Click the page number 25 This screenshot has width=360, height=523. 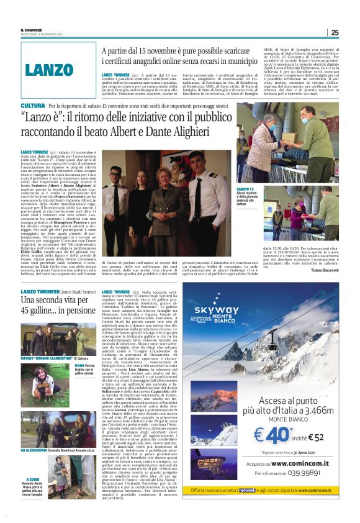click(x=335, y=32)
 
